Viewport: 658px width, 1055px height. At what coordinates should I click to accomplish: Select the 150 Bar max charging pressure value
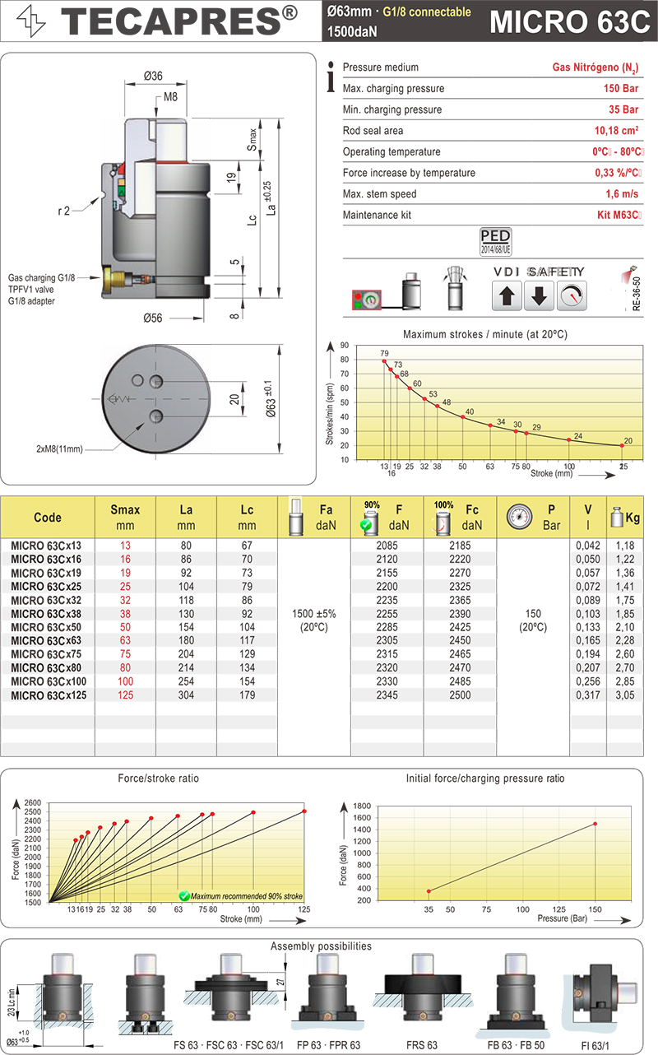tap(622, 89)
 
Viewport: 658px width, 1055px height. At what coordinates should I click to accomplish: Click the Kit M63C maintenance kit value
tap(619, 216)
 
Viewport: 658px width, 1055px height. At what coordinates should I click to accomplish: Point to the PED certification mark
tap(495, 241)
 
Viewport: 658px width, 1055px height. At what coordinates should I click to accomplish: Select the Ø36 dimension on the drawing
tap(153, 76)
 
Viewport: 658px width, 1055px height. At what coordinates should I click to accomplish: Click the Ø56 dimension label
tap(153, 318)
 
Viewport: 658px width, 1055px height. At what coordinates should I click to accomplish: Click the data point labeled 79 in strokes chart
tap(383, 361)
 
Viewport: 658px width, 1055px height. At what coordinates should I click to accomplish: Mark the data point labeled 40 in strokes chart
tap(463, 417)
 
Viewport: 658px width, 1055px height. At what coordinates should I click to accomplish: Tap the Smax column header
tap(125, 518)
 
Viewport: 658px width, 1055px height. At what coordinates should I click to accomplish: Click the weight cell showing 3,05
tap(631, 695)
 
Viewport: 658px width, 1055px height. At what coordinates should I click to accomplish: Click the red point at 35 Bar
tap(429, 891)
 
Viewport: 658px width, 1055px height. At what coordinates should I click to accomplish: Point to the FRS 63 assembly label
tap(421, 1045)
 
